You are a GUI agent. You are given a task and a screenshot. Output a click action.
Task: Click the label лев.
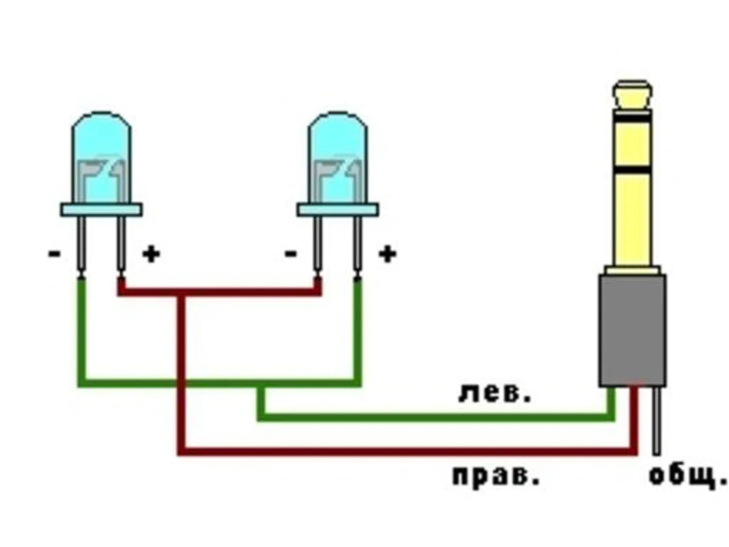495,394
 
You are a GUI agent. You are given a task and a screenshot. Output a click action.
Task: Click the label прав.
496,476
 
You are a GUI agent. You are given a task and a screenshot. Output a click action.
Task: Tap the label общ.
686,475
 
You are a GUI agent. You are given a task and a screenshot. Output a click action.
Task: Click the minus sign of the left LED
55,253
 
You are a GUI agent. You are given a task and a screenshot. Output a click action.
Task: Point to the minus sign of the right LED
291,253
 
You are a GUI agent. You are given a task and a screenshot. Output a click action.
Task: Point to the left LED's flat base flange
101,210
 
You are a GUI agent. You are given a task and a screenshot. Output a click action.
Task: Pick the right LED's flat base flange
338,210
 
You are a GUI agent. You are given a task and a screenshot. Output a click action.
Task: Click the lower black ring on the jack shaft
632,166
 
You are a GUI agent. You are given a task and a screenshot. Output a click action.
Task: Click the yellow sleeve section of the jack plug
632,219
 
